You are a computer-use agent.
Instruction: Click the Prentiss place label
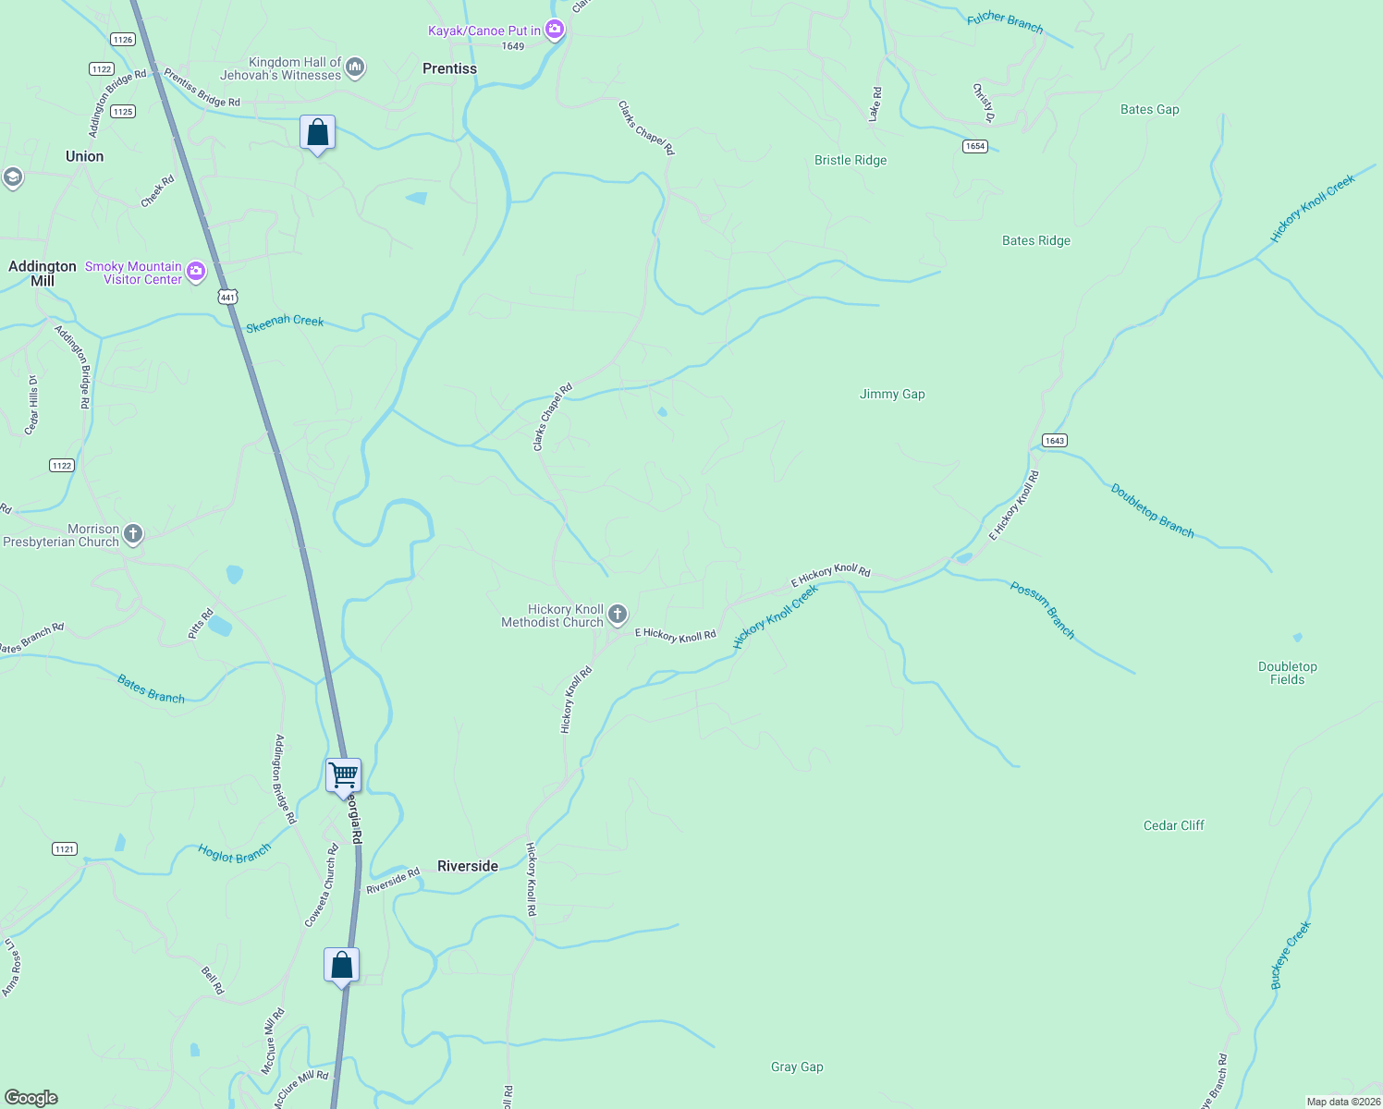pyautogui.click(x=449, y=68)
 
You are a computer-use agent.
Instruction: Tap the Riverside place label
pyautogui.click(x=467, y=866)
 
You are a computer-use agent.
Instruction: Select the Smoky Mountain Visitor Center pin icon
pyautogui.click(x=196, y=272)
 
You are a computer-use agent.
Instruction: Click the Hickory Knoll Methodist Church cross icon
pyautogui.click(x=618, y=614)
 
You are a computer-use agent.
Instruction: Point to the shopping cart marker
pyautogui.click(x=343, y=775)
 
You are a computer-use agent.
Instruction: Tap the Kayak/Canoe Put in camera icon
pyautogui.click(x=555, y=30)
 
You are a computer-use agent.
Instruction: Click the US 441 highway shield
pyautogui.click(x=228, y=297)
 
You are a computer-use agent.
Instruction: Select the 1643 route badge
pyautogui.click(x=1055, y=440)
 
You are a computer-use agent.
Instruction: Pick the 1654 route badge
pyautogui.click(x=975, y=146)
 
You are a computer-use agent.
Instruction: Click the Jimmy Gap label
pyautogui.click(x=892, y=394)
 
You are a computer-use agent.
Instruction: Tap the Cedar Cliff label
pyautogui.click(x=1174, y=825)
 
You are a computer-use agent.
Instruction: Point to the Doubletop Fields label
pyautogui.click(x=1287, y=673)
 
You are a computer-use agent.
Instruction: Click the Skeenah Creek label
pyautogui.click(x=285, y=322)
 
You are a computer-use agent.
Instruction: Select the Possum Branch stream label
pyautogui.click(x=1043, y=610)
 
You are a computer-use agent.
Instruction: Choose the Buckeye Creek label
pyautogui.click(x=1291, y=955)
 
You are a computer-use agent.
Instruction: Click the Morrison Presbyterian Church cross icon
pyautogui.click(x=133, y=533)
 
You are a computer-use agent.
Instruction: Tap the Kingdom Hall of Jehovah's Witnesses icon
pyautogui.click(x=355, y=67)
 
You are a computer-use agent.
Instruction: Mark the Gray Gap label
pyautogui.click(x=797, y=1066)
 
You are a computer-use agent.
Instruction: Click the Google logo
pyautogui.click(x=31, y=1098)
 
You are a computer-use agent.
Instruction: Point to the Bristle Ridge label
pyautogui.click(x=851, y=160)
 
